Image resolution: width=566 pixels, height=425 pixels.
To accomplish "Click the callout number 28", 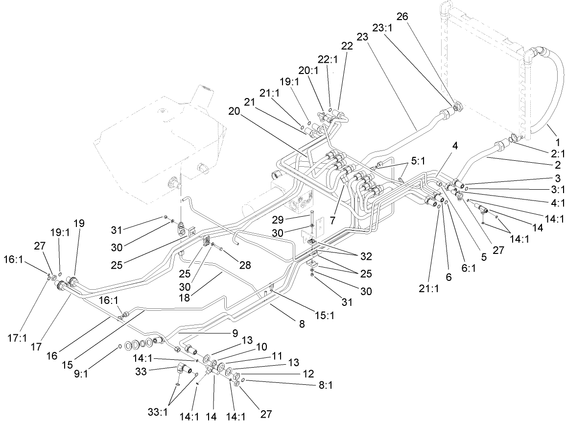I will coord(245,265).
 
